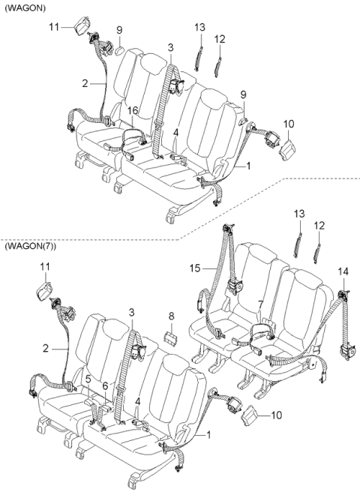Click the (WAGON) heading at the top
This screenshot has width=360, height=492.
point(23,7)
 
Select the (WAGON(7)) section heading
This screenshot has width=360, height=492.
point(30,247)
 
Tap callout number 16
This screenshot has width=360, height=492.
point(131,110)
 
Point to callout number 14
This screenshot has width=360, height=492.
point(343,271)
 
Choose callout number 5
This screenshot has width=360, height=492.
point(88,379)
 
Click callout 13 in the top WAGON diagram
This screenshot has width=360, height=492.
point(199,27)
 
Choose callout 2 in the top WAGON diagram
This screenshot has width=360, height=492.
point(85,84)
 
